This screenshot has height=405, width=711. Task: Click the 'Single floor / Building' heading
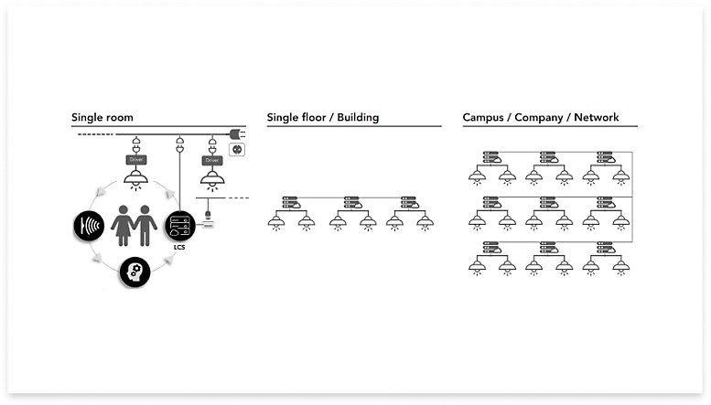[x=323, y=118]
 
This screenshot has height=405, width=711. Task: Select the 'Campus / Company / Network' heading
[x=541, y=118]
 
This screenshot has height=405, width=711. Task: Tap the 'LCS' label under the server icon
[x=178, y=247]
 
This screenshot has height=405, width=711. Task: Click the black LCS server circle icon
[x=179, y=224]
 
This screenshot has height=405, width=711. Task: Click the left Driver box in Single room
[x=136, y=159]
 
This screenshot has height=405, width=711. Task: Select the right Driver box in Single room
[x=213, y=160]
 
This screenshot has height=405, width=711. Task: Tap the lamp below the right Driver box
[x=213, y=179]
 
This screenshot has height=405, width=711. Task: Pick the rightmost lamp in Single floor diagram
[x=424, y=221]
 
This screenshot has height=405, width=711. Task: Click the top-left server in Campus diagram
[x=492, y=155]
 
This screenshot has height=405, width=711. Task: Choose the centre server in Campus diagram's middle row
[x=550, y=202]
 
